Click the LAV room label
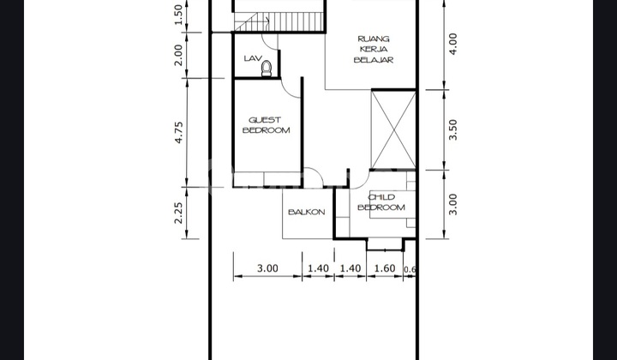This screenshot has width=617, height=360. (x=252, y=58)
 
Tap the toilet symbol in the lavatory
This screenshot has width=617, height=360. (x=267, y=68)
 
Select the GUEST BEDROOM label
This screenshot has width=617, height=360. (x=266, y=125)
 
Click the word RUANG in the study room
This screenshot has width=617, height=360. (x=374, y=39)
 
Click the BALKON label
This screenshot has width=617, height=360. (x=306, y=212)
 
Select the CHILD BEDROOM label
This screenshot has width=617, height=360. (x=380, y=201)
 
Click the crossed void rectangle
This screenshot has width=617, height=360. (x=393, y=128)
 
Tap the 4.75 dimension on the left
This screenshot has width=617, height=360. (x=179, y=133)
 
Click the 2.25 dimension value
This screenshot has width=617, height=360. (x=179, y=212)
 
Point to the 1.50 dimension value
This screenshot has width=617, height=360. (x=179, y=15)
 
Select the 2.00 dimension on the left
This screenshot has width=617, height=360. (x=179, y=55)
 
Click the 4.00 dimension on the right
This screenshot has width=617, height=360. (x=452, y=44)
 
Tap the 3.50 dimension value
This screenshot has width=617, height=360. (x=452, y=129)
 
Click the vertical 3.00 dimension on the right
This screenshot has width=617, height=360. (x=452, y=204)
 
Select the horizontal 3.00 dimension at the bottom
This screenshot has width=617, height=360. (x=267, y=268)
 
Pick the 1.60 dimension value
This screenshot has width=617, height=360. (x=385, y=268)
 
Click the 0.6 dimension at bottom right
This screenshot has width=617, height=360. (x=410, y=269)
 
